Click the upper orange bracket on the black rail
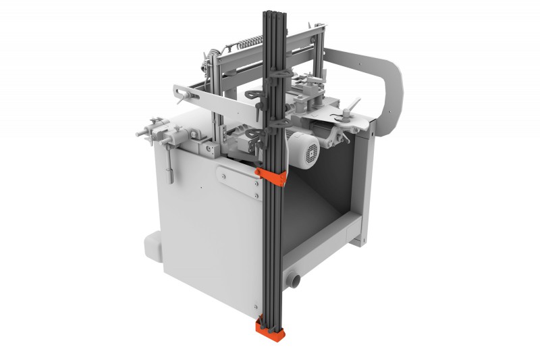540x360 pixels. (271, 176)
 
